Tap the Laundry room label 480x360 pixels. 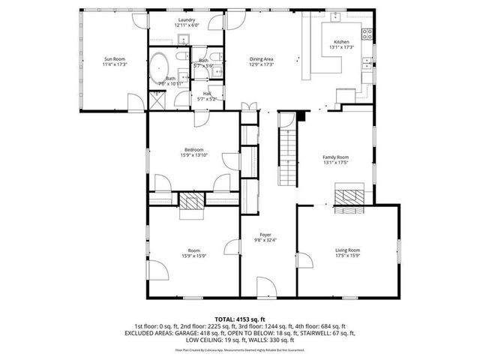coord(187,19)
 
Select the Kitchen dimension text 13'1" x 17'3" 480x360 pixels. coord(341,47)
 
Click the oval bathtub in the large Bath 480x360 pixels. coord(158,67)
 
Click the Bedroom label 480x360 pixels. coord(193,150)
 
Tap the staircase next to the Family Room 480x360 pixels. coord(288,157)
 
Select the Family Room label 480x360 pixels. coord(335,157)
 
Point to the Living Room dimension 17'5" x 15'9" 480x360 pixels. coord(347,256)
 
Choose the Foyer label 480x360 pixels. coord(265,235)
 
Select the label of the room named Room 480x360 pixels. coord(193,250)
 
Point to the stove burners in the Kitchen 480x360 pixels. coord(367,31)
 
